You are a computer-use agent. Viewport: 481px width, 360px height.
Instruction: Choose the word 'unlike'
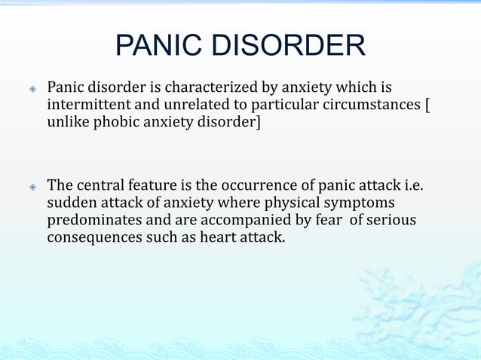click(69, 123)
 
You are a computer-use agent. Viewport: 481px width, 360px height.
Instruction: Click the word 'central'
click(106, 185)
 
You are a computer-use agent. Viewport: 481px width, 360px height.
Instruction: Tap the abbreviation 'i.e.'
click(408, 185)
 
